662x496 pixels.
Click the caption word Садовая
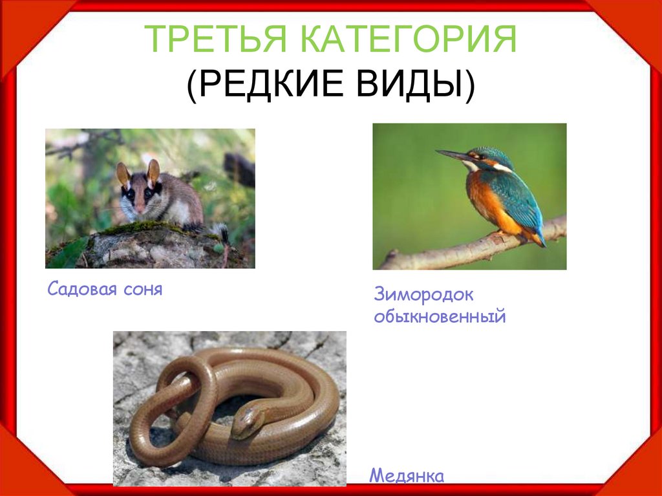tap(80, 289)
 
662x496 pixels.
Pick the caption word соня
tap(140, 289)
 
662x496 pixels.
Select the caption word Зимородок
tap(423, 295)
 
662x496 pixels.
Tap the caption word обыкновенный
tap(439, 318)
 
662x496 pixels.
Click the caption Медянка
tap(407, 477)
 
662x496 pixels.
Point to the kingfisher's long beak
tap(453, 155)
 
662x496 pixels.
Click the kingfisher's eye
tap(478, 156)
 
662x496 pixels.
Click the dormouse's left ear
tap(123, 174)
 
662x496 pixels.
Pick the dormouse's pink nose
tap(140, 210)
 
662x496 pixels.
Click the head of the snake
tap(248, 420)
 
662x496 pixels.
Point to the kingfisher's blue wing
tap(518, 197)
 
